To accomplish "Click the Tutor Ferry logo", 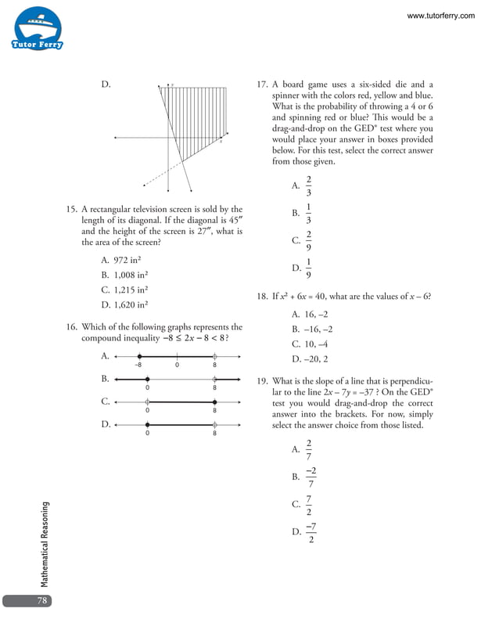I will click(x=38, y=29).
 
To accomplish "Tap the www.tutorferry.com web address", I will click(x=441, y=16).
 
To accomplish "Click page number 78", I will click(x=42, y=600).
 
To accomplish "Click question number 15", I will click(x=71, y=210).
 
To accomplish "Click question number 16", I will click(x=71, y=327).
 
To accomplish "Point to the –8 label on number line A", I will click(x=138, y=365).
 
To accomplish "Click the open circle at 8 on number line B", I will click(x=214, y=379).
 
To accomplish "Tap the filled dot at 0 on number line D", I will click(x=147, y=424).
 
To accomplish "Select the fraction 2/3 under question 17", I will click(x=308, y=185).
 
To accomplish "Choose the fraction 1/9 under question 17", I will click(x=308, y=268).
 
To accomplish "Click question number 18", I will click(x=262, y=297).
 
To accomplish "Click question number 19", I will click(x=262, y=381).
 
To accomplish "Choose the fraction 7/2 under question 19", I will click(x=310, y=505).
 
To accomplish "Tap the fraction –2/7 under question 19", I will click(x=311, y=476).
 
